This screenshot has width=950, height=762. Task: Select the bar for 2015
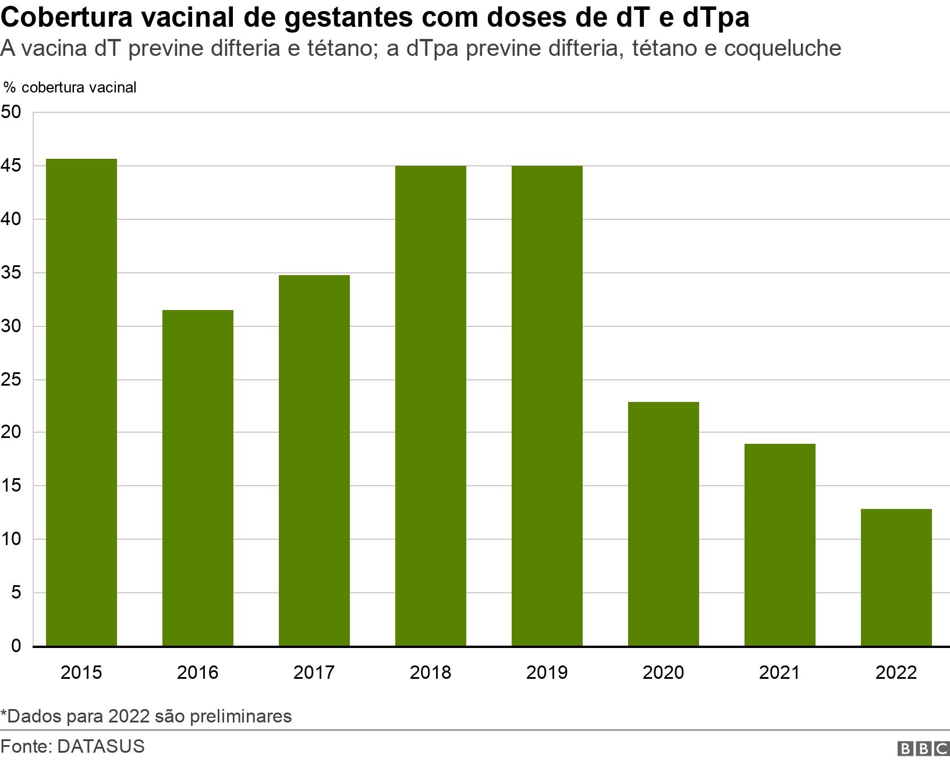click(81, 402)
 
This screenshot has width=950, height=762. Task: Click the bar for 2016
click(198, 478)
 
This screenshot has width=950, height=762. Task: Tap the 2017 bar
click(314, 460)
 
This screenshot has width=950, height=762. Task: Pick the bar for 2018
click(431, 405)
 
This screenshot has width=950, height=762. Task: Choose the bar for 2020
click(664, 524)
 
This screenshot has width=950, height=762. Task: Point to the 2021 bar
click(780, 544)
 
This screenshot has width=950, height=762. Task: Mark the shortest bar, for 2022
click(896, 577)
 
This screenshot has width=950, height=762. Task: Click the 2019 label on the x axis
click(547, 673)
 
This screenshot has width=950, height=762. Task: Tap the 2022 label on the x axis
click(896, 673)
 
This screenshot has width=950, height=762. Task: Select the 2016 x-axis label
click(197, 673)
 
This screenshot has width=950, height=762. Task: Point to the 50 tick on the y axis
click(12, 112)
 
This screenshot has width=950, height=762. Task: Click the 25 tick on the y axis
click(12, 380)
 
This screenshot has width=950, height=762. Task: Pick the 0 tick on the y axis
click(16, 646)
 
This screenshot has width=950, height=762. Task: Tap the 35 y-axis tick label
click(12, 273)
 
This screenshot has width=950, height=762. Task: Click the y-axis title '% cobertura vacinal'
click(70, 87)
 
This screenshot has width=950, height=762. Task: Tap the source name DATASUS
click(100, 746)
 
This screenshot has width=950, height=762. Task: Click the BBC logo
click(924, 749)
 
